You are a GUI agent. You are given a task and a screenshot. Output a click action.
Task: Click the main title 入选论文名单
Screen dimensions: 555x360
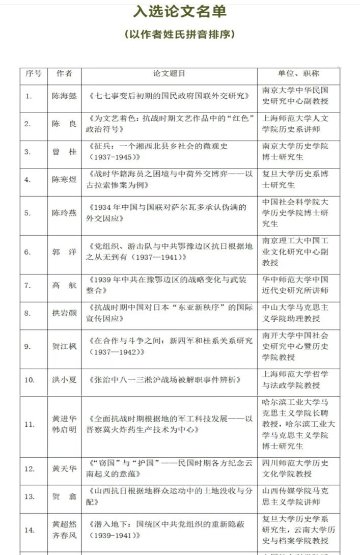point(180,12)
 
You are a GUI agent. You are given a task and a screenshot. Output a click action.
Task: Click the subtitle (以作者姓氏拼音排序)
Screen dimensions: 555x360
point(180,35)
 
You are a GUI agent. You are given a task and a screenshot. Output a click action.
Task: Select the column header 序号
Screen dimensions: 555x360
point(34,73)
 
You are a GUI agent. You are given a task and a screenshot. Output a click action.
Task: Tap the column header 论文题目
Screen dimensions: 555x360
point(169,73)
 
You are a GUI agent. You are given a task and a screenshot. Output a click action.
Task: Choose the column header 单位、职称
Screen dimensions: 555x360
point(298,73)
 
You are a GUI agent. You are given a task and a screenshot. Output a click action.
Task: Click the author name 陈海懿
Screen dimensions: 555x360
point(64,96)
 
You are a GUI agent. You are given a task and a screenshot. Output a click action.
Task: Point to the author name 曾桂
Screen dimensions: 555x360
point(64,151)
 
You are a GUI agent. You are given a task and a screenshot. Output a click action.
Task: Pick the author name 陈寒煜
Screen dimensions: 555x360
point(64,179)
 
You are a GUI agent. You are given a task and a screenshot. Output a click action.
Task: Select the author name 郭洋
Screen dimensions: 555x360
point(64,252)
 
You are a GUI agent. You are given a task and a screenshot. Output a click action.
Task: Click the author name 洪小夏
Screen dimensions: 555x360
point(64,380)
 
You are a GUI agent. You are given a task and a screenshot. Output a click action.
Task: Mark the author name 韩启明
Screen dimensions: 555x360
point(64,429)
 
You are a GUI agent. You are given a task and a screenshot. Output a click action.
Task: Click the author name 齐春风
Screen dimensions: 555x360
point(64,535)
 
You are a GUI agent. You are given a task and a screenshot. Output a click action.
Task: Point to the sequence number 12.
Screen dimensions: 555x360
point(30,468)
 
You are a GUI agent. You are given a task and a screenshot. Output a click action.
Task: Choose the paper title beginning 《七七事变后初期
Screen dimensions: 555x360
point(169,96)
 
